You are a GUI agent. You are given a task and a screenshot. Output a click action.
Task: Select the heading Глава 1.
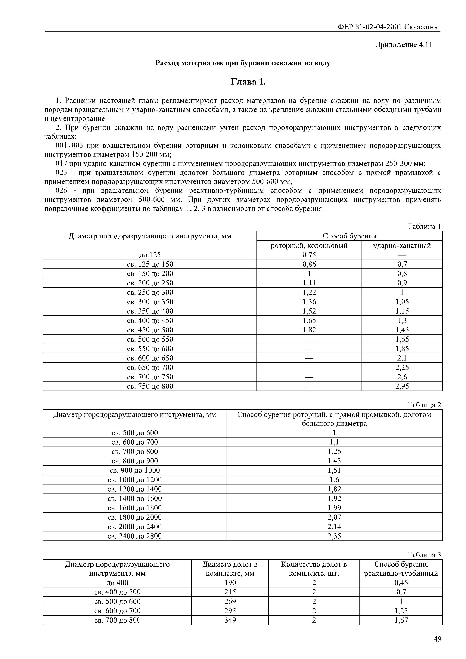249,82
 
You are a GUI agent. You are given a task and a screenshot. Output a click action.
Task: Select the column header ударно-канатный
402,245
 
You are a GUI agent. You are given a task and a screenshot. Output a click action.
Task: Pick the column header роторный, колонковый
309,245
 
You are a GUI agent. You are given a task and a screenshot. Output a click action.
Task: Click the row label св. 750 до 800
150,386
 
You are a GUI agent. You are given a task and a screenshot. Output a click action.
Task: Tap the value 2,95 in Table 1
402,386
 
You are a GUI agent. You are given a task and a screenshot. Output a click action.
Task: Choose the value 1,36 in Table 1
309,302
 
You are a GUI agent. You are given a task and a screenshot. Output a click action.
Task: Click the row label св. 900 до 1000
135,470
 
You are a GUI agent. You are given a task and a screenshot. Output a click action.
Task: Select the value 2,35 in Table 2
334,536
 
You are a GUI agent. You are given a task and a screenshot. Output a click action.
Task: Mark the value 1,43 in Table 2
334,461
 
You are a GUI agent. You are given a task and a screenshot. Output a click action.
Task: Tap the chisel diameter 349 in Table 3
230,620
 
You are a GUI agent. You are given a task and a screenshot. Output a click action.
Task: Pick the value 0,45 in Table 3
401,583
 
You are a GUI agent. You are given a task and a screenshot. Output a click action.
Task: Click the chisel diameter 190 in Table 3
230,583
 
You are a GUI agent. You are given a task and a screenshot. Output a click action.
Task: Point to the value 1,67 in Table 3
401,620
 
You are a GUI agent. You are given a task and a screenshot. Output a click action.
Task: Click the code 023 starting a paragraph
61,173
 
